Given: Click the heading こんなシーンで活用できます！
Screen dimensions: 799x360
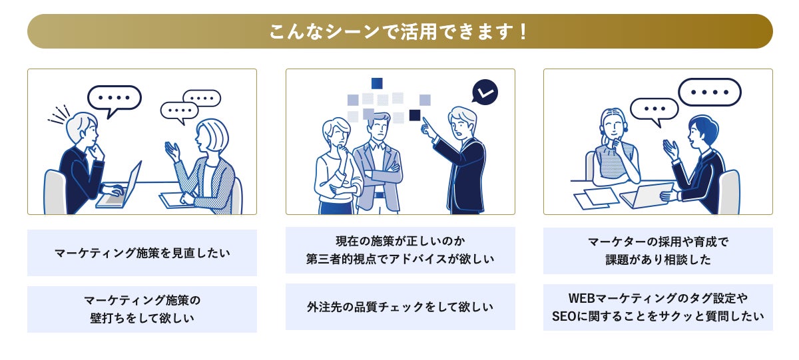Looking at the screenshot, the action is pos(400,31).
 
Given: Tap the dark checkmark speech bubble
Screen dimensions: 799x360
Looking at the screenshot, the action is pos(484,92).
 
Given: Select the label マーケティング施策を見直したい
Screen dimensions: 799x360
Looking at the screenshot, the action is pos(142,253).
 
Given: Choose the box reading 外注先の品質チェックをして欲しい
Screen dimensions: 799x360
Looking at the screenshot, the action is pos(400,307).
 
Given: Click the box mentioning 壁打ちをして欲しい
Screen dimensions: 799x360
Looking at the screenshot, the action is pos(142,309).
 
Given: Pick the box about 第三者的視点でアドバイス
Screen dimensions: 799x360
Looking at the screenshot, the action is pos(400,250).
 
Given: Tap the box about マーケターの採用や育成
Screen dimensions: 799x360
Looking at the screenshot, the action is pos(658,251).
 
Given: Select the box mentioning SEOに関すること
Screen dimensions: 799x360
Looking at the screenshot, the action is pos(658,307).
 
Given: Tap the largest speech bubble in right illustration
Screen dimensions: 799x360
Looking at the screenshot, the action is pos(709,92).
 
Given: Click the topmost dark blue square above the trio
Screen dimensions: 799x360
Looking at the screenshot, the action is pos(377,83).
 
